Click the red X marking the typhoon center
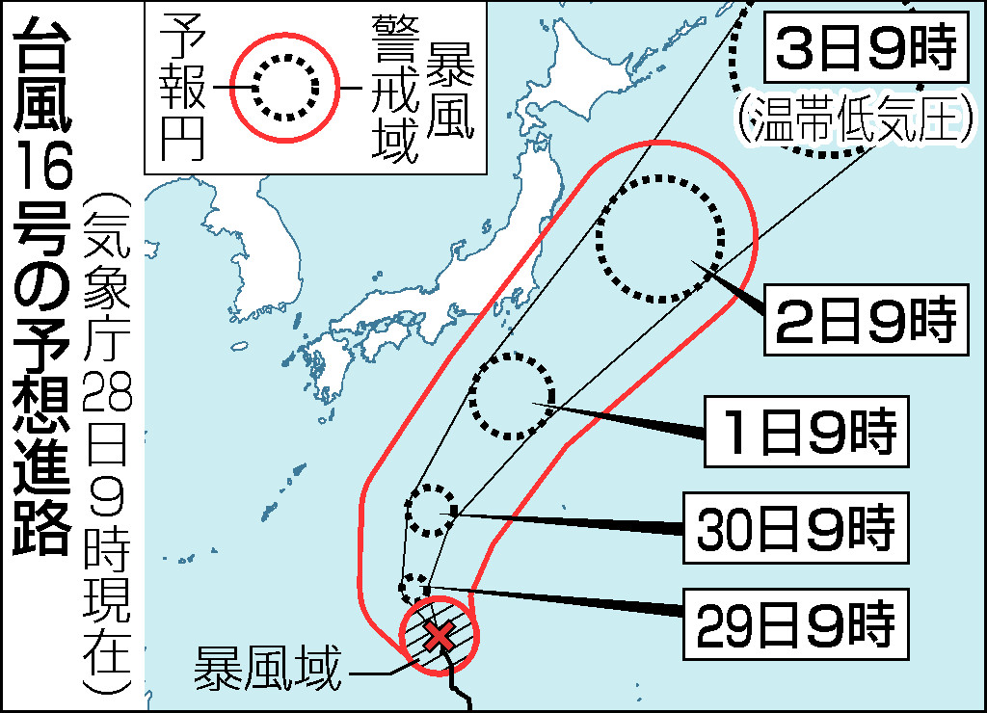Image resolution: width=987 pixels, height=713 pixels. pos(440,635)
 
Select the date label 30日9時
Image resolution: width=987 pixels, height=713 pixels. pos(796,528)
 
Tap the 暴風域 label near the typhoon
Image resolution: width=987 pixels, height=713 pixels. pos(268,667)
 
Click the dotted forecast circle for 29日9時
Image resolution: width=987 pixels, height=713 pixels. pos(414,587)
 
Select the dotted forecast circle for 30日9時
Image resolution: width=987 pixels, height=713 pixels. pos(431,511)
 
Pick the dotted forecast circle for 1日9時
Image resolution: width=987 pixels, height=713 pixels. pos(511,395)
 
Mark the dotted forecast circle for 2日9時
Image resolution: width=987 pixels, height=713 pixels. pos(660,238)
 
